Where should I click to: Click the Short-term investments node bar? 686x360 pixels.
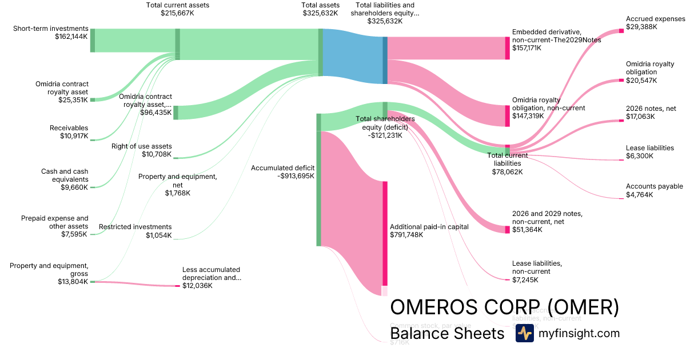click(x=93, y=40)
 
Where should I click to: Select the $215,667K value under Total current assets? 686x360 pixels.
click(x=177, y=13)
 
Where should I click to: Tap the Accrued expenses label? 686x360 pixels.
click(x=655, y=19)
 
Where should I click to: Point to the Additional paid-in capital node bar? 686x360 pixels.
click(x=385, y=233)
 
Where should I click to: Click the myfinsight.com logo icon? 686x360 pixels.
click(x=524, y=333)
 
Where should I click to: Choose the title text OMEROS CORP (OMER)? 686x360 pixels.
click(x=504, y=307)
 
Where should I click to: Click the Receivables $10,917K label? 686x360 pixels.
click(x=69, y=132)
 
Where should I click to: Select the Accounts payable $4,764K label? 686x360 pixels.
click(x=654, y=190)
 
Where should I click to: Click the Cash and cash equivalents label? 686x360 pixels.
click(x=65, y=179)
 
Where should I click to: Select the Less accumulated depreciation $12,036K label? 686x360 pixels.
click(x=212, y=277)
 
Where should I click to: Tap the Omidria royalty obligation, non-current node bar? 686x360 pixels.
click(x=507, y=115)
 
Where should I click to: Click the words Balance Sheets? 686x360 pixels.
click(x=447, y=333)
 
